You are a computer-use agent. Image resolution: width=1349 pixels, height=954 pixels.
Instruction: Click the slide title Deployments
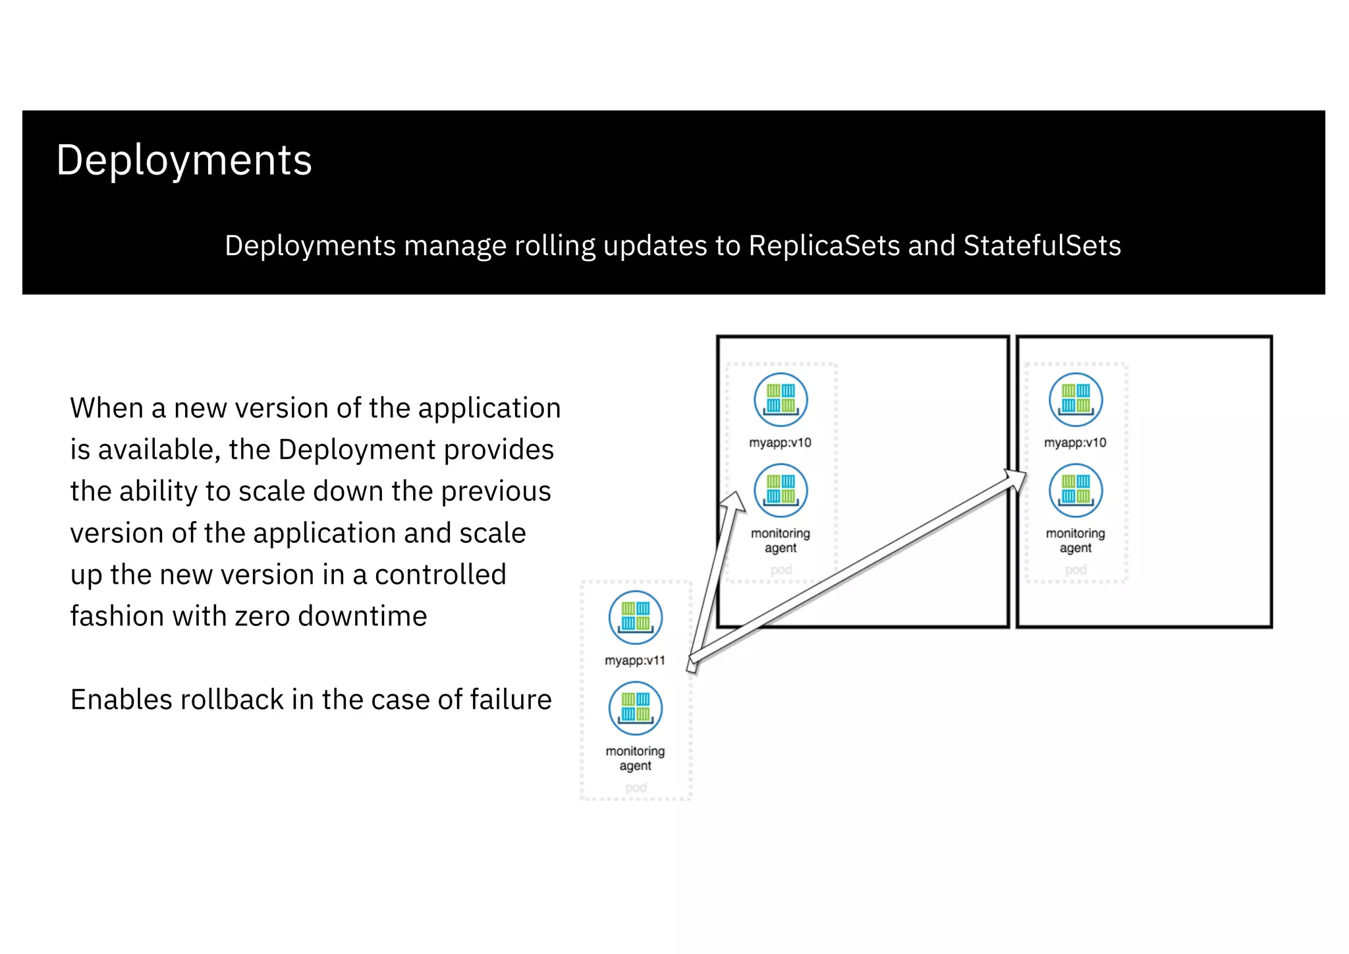184,160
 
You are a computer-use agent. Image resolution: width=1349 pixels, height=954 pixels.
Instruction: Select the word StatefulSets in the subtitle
1041,246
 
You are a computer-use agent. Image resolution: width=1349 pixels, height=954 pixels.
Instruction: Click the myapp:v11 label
635,661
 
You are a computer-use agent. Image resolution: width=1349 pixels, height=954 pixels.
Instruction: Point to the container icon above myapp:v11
636,617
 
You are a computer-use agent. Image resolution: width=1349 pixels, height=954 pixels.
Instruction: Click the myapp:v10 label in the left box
780,443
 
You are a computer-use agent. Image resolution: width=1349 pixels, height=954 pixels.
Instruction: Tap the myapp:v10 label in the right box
1075,443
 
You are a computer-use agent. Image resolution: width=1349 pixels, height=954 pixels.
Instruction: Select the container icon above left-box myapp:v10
781,399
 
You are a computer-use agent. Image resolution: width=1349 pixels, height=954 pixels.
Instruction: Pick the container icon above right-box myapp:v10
1076,399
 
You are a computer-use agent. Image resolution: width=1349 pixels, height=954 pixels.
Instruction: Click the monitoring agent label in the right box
1076,540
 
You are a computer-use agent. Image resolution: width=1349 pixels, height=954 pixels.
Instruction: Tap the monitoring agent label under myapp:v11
635,758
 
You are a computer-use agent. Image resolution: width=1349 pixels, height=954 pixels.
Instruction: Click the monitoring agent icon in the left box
781,490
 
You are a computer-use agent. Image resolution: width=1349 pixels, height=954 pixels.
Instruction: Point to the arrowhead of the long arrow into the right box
1017,479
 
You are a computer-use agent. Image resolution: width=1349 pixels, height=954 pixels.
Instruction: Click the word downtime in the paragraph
362,617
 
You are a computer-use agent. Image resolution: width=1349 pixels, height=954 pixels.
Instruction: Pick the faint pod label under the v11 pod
636,787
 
